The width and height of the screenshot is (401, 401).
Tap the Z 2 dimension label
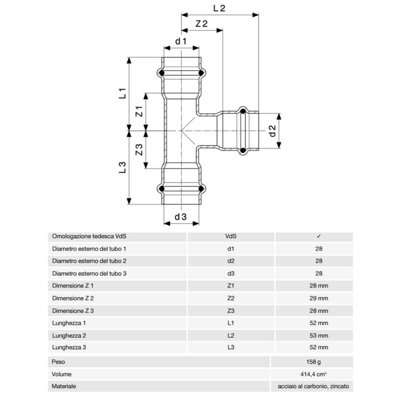click(x=202, y=24)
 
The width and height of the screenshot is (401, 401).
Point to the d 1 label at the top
click(x=181, y=42)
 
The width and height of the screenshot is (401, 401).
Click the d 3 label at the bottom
click(x=181, y=217)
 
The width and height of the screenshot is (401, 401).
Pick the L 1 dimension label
click(x=122, y=92)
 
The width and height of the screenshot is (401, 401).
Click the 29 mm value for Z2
click(x=319, y=298)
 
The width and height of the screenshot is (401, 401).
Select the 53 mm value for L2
click(x=319, y=335)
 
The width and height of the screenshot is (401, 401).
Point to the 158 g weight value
click(x=319, y=362)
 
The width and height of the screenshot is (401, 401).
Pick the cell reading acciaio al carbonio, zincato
click(x=314, y=386)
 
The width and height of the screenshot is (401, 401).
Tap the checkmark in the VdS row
click(x=319, y=236)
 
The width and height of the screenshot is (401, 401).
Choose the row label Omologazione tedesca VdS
click(x=90, y=236)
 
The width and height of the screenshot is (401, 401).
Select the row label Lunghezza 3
click(x=69, y=348)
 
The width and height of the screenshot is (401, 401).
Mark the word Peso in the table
click(x=59, y=362)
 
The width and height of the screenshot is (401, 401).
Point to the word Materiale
click(x=64, y=386)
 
